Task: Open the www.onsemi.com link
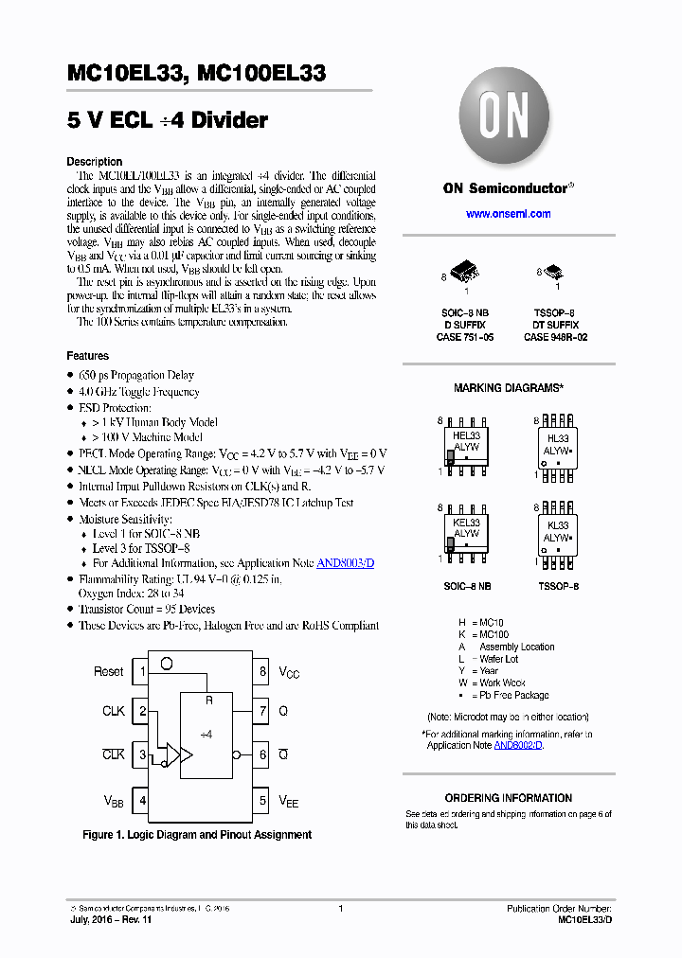(x=508, y=214)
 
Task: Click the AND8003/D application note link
(x=345, y=563)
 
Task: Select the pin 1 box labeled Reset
(x=142, y=672)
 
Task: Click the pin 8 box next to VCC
(x=262, y=672)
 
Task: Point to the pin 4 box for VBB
(x=142, y=801)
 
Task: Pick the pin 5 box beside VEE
(x=262, y=801)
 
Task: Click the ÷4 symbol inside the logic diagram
(x=206, y=734)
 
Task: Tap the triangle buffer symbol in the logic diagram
(x=185, y=755)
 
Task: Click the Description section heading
(x=94, y=162)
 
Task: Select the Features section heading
(x=87, y=356)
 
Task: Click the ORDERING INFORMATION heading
(x=509, y=798)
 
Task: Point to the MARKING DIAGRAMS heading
(x=509, y=388)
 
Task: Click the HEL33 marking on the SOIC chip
(x=467, y=435)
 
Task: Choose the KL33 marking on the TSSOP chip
(x=558, y=524)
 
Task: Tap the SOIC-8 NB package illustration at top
(x=467, y=274)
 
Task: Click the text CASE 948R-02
(x=556, y=337)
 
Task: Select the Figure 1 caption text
(x=197, y=835)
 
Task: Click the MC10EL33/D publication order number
(x=584, y=920)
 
